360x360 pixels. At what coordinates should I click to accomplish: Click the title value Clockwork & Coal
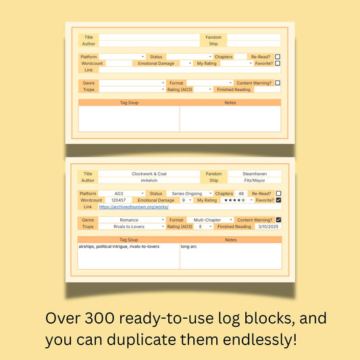click(149, 174)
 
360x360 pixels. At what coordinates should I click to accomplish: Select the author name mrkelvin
click(149, 180)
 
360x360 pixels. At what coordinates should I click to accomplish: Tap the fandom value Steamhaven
click(253, 174)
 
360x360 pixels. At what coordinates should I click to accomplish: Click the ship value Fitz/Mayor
click(253, 180)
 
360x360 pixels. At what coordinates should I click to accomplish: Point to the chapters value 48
click(240, 193)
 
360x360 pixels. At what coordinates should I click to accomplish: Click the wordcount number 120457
click(118, 200)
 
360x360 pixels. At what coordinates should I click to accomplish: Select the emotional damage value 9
click(183, 200)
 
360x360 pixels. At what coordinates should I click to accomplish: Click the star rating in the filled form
click(234, 200)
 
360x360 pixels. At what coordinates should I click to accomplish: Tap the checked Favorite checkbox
click(278, 200)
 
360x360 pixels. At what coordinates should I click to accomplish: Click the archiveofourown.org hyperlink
click(133, 207)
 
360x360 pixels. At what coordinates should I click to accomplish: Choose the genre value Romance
click(129, 220)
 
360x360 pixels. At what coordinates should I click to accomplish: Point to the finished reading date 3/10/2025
click(267, 226)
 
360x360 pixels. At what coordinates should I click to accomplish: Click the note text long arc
click(189, 247)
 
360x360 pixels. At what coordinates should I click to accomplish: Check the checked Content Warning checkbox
click(278, 220)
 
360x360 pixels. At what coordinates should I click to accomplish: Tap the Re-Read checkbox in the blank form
click(278, 57)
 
